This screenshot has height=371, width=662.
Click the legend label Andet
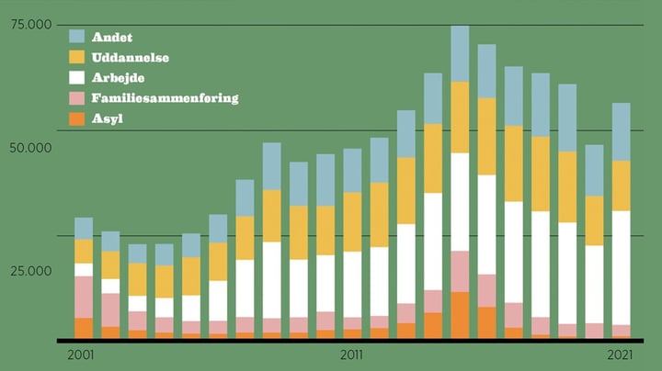point(112,38)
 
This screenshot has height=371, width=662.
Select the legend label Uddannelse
point(130,58)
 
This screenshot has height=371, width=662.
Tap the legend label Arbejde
point(118,78)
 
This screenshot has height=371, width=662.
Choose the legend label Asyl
point(108,118)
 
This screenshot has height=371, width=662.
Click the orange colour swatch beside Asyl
point(77,118)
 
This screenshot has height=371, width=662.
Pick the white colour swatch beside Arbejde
point(77,78)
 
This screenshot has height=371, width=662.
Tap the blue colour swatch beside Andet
point(77,38)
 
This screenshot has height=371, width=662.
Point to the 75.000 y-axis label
point(29,26)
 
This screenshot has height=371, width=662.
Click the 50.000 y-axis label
point(29,148)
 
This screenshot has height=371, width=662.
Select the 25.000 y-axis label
point(29,272)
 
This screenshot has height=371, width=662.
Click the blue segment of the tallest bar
point(460,53)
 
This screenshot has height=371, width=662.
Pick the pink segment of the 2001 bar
point(84,297)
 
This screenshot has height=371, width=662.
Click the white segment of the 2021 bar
point(622,267)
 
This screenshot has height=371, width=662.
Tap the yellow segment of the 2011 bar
point(352,221)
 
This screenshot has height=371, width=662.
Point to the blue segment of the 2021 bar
point(622,131)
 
